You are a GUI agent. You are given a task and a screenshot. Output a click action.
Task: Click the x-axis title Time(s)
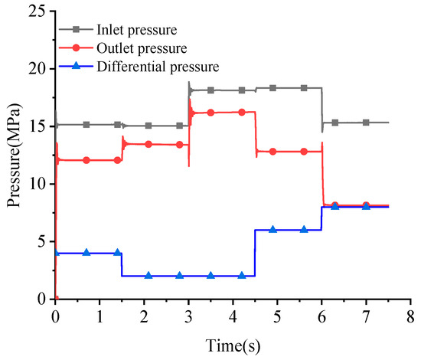coord(232,345)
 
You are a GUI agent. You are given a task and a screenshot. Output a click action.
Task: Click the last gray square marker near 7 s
coord(366,123)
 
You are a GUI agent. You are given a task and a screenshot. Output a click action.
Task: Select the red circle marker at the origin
coord(56,299)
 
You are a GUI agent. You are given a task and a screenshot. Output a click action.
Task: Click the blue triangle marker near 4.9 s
coord(273,230)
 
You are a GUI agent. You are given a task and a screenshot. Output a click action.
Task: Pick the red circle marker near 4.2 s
coord(242,113)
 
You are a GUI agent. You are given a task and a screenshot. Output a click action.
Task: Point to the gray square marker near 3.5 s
coord(210,90)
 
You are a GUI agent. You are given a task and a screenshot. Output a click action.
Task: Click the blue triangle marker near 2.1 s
coord(148,276)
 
